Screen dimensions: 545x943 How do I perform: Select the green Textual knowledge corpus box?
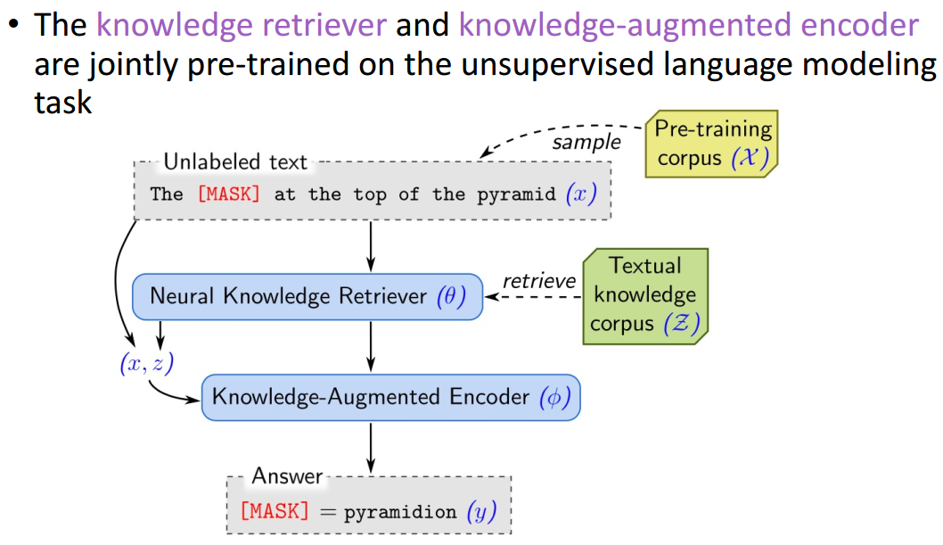coord(645,295)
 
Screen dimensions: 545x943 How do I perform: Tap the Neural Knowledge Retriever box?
coord(307,296)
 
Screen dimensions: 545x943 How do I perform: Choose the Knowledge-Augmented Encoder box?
coord(390,397)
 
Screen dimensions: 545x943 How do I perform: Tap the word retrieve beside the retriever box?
coord(539,281)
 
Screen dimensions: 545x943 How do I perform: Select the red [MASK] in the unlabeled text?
coord(229,194)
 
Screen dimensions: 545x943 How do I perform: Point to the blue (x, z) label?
coord(145,361)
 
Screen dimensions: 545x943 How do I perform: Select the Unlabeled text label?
coord(235,162)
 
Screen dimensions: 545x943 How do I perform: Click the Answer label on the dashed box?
coord(286,476)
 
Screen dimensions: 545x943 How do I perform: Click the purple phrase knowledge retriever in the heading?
coord(242,24)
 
